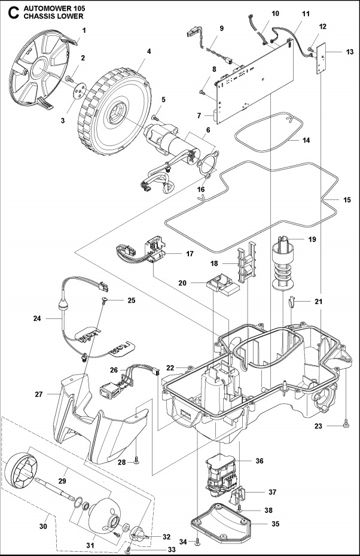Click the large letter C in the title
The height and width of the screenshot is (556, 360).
[x=10, y=11]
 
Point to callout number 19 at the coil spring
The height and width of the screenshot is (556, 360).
[x=312, y=239]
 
